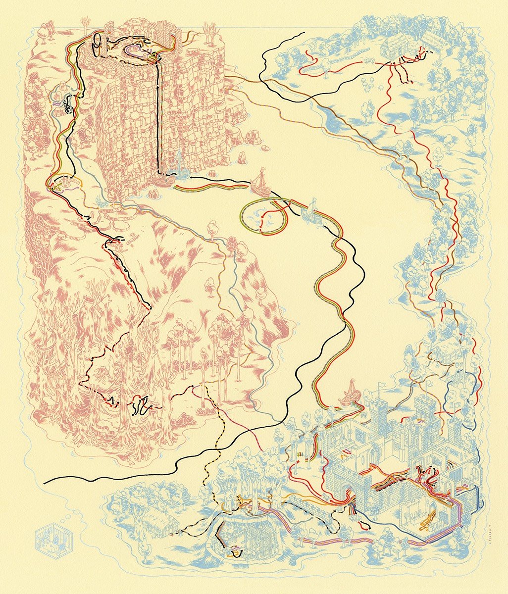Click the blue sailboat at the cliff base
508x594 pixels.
[x=179, y=165]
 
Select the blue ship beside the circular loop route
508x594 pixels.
[x=312, y=208]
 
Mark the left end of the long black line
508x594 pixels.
[x=46, y=481]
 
